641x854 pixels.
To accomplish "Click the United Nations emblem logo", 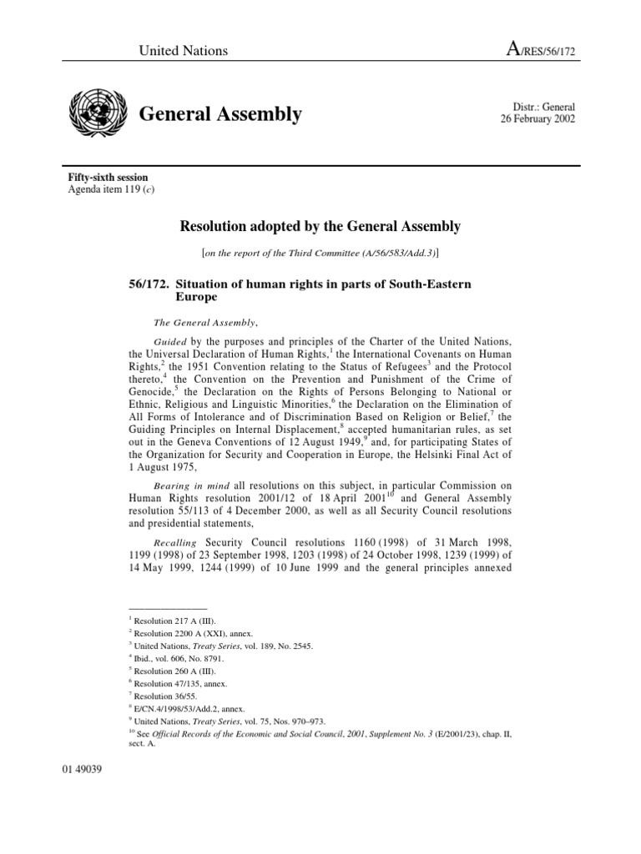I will [x=98, y=113].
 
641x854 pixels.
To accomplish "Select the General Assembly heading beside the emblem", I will [x=220, y=114].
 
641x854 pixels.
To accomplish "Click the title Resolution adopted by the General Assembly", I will [x=320, y=226].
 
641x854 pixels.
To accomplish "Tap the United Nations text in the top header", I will [x=183, y=51].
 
